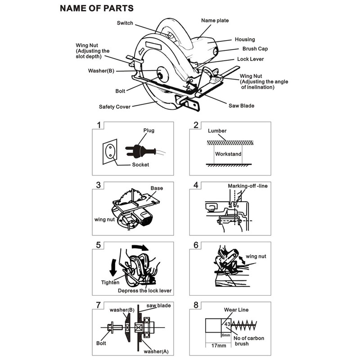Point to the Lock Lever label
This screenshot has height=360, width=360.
(x=250, y=59)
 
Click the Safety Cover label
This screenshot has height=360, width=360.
(x=115, y=107)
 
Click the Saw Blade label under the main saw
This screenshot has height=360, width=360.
(x=241, y=106)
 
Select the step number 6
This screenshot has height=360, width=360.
(x=196, y=245)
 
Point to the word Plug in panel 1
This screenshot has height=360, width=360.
(x=148, y=130)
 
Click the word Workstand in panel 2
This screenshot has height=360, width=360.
(x=228, y=154)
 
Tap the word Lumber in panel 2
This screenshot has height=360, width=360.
(x=217, y=131)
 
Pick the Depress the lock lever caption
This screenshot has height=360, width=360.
(x=145, y=291)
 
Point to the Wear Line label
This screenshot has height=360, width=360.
(x=236, y=310)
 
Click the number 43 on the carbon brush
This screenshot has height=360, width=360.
(x=227, y=324)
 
